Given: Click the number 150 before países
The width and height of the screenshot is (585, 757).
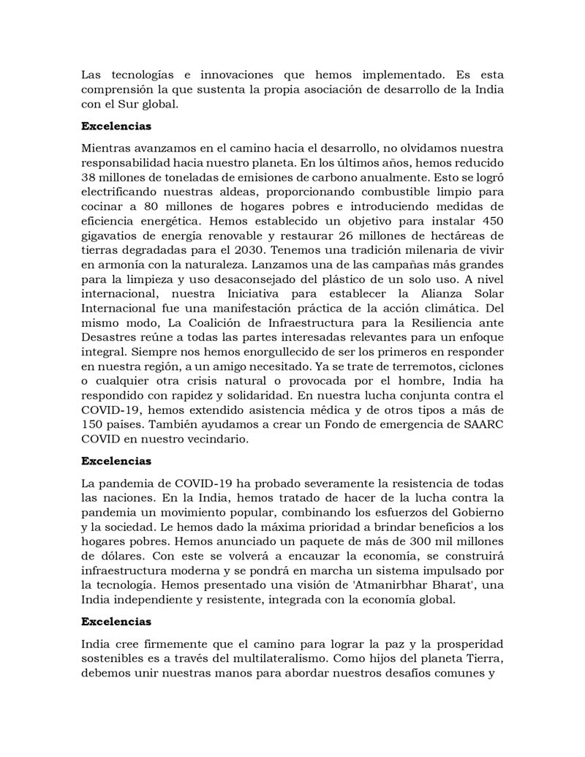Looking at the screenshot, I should coord(93,425).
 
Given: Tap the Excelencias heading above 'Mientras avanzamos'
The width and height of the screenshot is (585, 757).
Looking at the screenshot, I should coord(116,127).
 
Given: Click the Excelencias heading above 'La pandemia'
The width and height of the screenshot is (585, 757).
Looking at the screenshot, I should coord(116,462).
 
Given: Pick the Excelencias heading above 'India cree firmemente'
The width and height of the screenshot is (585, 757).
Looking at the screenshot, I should coord(116,621).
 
